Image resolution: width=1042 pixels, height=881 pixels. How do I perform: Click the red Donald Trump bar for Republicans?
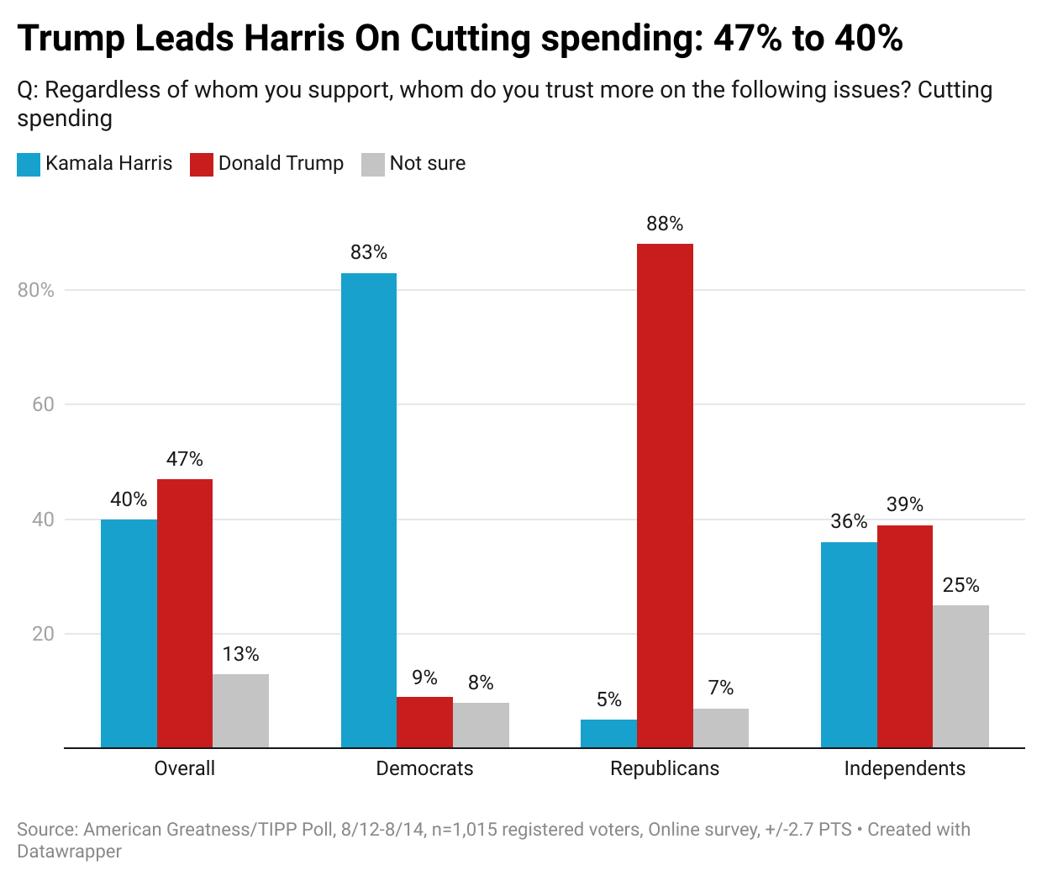(x=665, y=495)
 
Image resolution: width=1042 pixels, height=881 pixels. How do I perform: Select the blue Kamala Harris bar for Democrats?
(x=369, y=510)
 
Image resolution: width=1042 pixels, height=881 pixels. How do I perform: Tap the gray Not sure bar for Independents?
(x=960, y=676)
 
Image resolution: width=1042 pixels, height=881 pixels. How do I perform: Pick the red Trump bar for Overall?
(x=185, y=613)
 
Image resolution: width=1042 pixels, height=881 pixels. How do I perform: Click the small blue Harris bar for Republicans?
(x=608, y=734)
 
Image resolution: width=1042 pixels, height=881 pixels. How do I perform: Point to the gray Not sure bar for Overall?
(x=240, y=710)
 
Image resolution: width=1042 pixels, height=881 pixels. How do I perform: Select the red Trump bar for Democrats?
(x=424, y=722)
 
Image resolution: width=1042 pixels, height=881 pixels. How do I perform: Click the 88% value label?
(x=665, y=224)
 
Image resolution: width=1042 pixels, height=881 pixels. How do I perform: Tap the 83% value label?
(x=369, y=252)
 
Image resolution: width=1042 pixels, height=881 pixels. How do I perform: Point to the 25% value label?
(x=960, y=585)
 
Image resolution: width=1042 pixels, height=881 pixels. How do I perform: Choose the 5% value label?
(x=608, y=699)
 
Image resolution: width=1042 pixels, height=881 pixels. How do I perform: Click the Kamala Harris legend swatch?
(x=29, y=164)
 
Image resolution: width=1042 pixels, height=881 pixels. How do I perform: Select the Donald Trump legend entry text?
(x=281, y=163)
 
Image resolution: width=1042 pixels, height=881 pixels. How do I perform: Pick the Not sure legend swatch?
(x=372, y=164)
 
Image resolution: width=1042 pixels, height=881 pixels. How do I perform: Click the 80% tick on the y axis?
(x=35, y=290)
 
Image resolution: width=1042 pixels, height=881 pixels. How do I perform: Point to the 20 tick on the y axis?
(x=43, y=634)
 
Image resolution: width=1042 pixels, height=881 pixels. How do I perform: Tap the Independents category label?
(x=904, y=768)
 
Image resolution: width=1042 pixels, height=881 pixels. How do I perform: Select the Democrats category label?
(x=424, y=768)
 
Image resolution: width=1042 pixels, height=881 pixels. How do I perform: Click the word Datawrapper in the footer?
(x=69, y=852)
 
